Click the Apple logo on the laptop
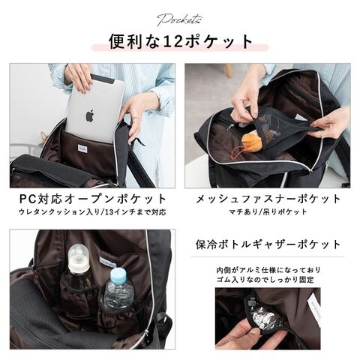90,115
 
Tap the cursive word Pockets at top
179,20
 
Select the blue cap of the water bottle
118,274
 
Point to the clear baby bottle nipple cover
79,253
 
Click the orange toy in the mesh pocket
252,142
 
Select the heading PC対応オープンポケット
92,199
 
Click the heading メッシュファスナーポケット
268,199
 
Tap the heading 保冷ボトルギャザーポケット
268,244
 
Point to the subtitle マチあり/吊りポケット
268,212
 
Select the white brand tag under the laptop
82,148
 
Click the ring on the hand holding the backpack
135,118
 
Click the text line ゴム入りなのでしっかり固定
265,280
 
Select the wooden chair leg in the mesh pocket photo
228,70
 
